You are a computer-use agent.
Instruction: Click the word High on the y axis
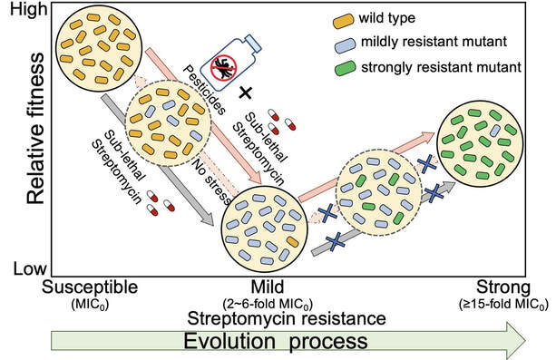pos(24,11)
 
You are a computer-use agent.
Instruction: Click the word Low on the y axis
pos(22,269)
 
